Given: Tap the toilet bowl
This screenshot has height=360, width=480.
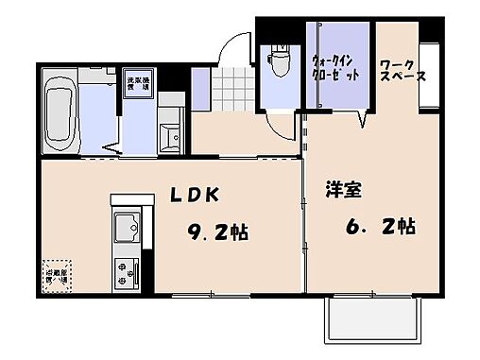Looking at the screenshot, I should [279, 64].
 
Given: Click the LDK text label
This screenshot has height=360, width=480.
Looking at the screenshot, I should [196, 195].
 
